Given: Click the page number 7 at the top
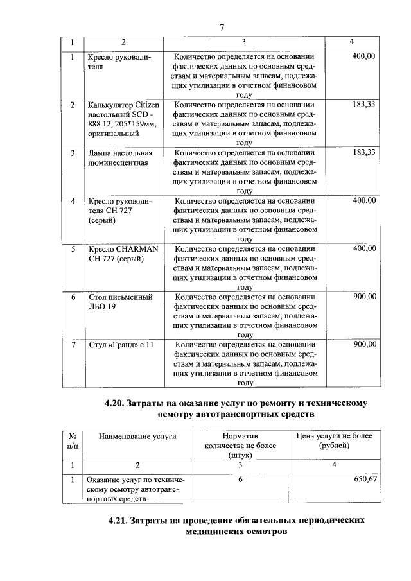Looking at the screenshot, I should click(221, 27).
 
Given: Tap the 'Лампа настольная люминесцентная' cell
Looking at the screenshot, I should click(119, 158).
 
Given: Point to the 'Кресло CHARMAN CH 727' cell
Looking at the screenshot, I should click(123, 254).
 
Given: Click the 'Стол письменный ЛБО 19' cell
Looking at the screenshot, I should click(119, 302).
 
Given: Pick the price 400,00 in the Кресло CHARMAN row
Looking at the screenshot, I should click(364, 248).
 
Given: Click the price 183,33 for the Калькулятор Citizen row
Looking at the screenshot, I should click(364, 104).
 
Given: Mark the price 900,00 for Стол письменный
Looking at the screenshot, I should click(364, 297).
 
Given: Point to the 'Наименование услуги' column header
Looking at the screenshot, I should click(137, 436).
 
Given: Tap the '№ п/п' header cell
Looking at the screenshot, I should click(73, 440).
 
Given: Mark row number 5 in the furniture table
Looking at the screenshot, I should click(73, 248).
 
